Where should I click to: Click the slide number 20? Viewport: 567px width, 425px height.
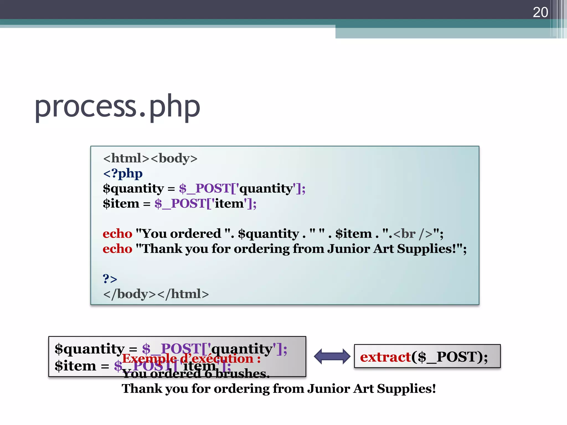click(540, 12)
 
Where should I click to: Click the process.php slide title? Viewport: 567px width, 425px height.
click(117, 107)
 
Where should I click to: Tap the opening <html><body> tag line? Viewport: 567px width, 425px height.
click(150, 158)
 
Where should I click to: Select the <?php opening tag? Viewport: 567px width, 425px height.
click(123, 173)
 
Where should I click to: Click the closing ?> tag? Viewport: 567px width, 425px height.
click(110, 279)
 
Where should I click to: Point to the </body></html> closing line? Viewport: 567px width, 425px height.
click(156, 294)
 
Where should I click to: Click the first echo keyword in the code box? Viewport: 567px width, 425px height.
click(117, 234)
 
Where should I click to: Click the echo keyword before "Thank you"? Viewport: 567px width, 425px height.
click(117, 249)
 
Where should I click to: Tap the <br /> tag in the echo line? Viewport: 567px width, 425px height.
click(413, 234)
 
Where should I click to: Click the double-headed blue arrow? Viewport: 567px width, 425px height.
click(332, 356)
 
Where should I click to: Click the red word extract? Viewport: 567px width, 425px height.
click(385, 357)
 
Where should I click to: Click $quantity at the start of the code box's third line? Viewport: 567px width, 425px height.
click(133, 189)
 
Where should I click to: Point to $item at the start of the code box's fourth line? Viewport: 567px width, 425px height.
click(121, 204)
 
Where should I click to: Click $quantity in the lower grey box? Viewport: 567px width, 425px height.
click(89, 349)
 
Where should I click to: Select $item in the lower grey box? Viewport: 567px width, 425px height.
click(75, 366)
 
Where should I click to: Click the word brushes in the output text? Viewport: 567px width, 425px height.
click(242, 374)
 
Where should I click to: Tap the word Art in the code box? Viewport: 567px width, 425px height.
click(383, 249)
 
